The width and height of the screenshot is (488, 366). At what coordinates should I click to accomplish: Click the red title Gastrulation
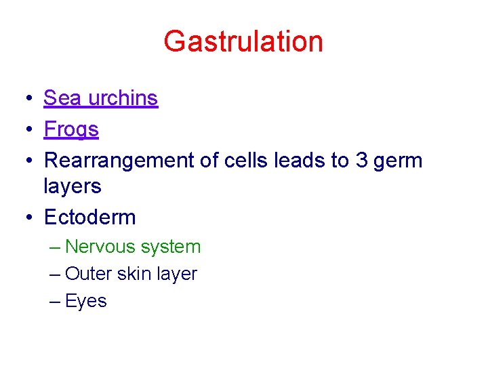(243, 41)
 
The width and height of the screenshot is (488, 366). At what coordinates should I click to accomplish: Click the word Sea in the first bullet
(62, 98)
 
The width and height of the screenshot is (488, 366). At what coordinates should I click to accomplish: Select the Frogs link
(71, 129)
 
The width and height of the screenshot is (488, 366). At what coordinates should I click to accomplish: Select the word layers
(73, 186)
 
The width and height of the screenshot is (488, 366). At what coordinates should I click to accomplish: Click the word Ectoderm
(89, 218)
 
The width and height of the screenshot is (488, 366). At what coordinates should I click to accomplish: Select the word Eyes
(86, 302)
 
